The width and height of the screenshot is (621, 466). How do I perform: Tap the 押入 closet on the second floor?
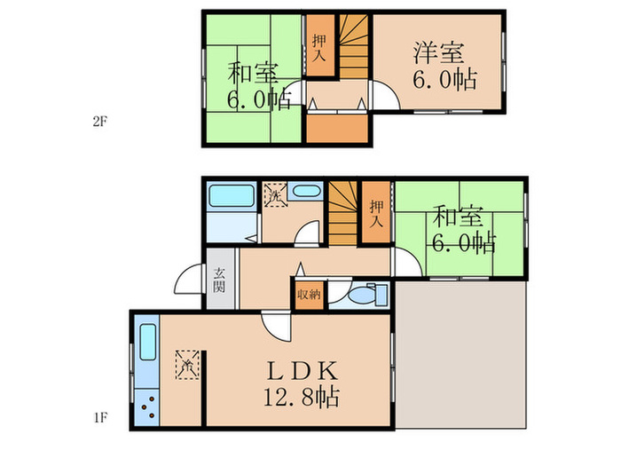318,46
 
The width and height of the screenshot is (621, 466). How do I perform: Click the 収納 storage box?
308,294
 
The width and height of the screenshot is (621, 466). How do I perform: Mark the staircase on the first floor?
342,212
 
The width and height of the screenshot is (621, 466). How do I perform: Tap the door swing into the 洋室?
384,96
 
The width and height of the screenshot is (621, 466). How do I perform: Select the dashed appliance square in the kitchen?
187,364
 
